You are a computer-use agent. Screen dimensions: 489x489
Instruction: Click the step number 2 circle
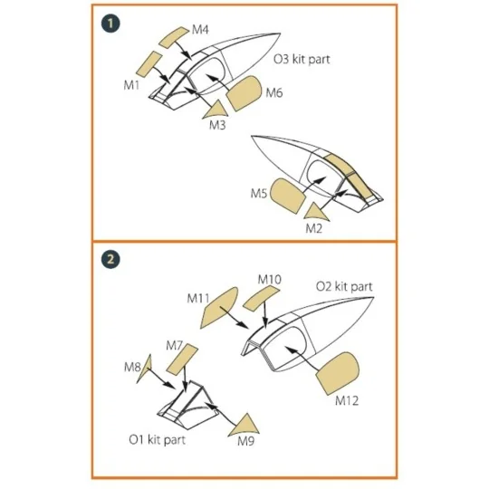click(110, 259)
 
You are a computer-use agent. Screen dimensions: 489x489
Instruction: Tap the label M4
click(201, 31)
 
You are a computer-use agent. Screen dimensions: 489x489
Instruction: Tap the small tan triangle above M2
click(321, 211)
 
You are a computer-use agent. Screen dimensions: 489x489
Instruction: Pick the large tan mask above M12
click(337, 371)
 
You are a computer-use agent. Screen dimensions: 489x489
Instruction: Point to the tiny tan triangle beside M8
click(145, 373)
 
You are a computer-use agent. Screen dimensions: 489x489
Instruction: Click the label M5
click(259, 194)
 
